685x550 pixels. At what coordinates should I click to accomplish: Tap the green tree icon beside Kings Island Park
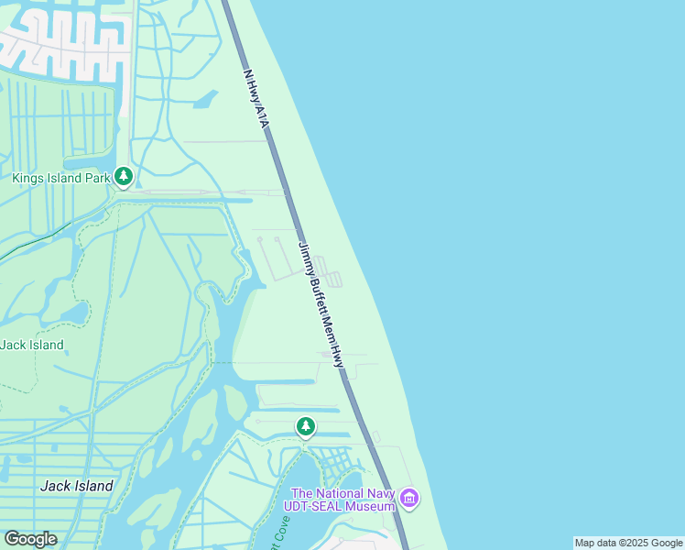tap(124, 176)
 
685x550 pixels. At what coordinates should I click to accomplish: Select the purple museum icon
tap(409, 500)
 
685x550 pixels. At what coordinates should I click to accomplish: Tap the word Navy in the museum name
tap(377, 493)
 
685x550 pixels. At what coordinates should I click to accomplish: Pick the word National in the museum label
tap(335, 493)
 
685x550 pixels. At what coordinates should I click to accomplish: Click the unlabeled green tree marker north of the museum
tap(306, 426)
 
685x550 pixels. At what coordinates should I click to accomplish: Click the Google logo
tap(30, 539)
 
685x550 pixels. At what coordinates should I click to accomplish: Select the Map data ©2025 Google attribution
tap(629, 543)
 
